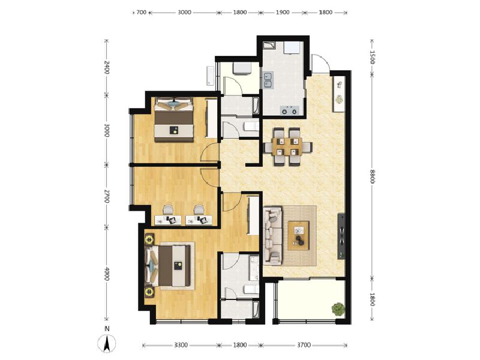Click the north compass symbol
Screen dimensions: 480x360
[x=107, y=343]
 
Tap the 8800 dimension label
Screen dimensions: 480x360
[x=372, y=176]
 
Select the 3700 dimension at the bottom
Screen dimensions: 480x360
[x=304, y=346]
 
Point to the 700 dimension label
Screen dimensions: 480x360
[x=141, y=13]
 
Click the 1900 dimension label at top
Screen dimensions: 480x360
[x=283, y=13]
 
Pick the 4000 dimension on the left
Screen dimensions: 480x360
[x=107, y=274]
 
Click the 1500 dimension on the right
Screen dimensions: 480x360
[x=372, y=57]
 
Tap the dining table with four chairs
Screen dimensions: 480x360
[x=288, y=146]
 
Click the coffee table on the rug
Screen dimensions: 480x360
[x=299, y=235]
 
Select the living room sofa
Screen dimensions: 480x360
[x=273, y=236]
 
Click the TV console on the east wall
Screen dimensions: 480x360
[x=341, y=236]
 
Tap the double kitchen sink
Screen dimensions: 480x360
[x=268, y=80]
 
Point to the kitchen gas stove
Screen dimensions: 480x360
[x=290, y=110]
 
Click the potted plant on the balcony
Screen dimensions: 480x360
[x=338, y=309]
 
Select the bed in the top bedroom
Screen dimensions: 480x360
[x=174, y=119]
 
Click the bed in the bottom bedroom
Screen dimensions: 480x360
[x=169, y=265]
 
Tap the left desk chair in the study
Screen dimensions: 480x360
[x=168, y=209]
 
